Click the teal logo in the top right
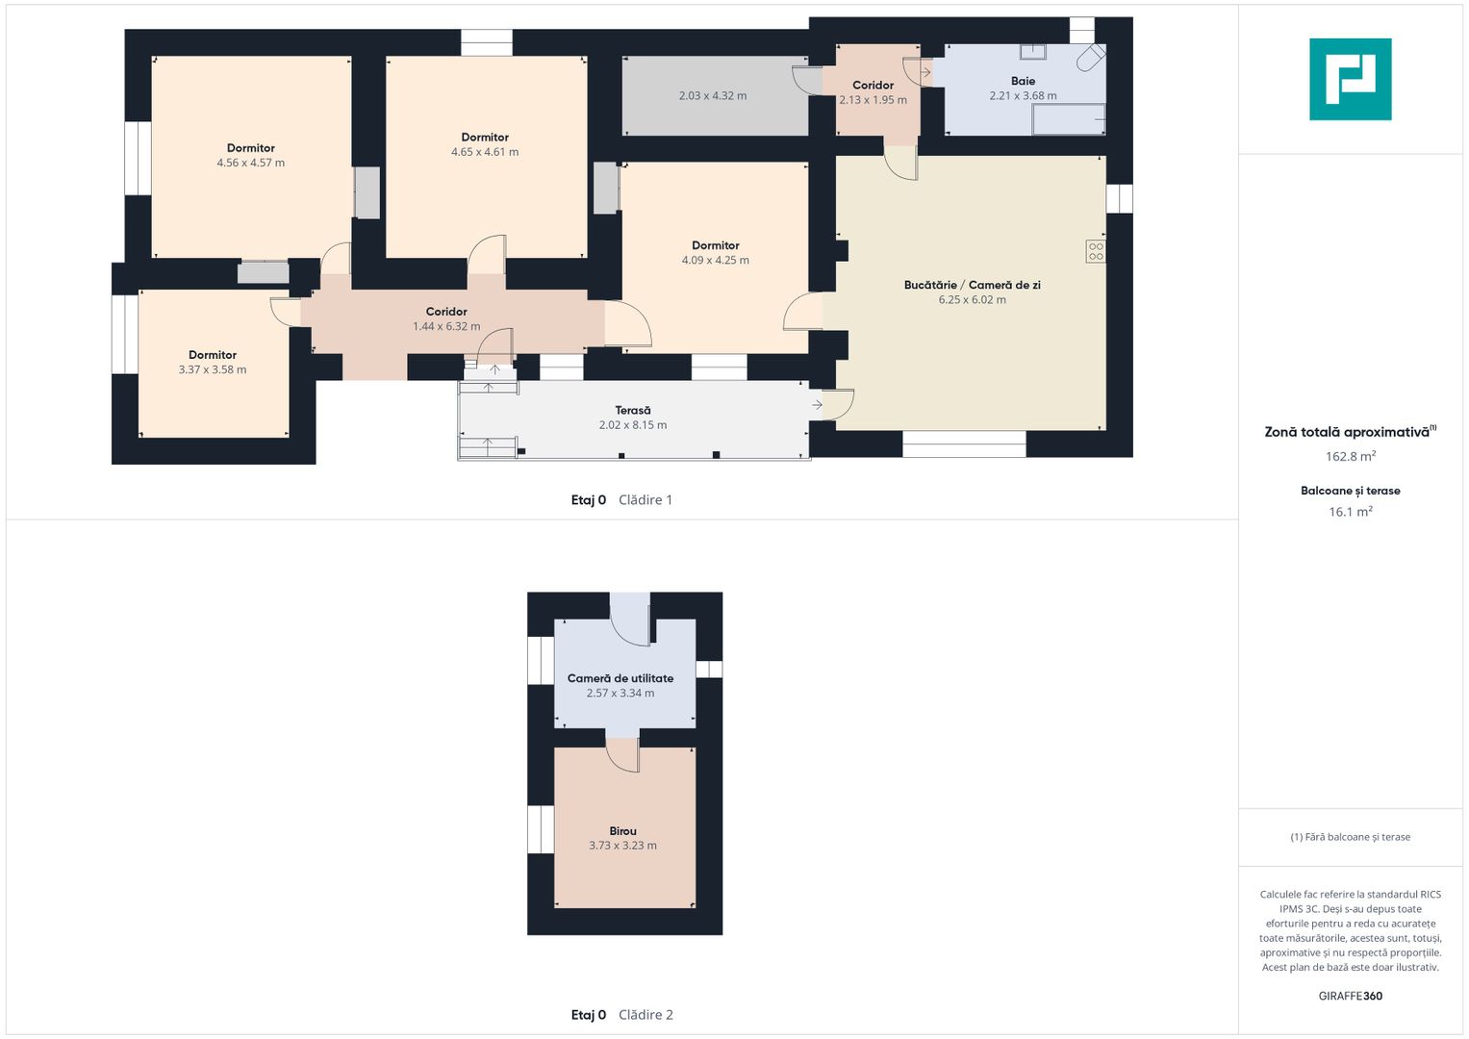coord(1351,79)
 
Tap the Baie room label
coord(1023,81)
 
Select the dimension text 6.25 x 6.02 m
coord(972,300)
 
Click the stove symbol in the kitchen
coord(1095,251)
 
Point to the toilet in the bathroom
coord(1091,58)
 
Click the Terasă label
coord(633,411)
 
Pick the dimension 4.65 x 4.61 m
coord(485,152)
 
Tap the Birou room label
coord(622,831)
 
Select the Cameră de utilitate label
coord(621,678)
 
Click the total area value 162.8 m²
coord(1351,456)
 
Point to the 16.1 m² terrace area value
coord(1351,511)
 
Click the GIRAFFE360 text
coord(1351,996)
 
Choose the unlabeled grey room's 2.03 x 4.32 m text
coord(712,96)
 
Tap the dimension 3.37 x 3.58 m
coord(213,370)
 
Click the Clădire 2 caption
coord(646,1015)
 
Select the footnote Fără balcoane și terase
coord(1351,837)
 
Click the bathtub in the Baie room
coord(1068,119)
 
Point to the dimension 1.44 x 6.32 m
coord(446,327)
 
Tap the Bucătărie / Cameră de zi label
coord(972,286)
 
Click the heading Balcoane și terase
coord(1351,491)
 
